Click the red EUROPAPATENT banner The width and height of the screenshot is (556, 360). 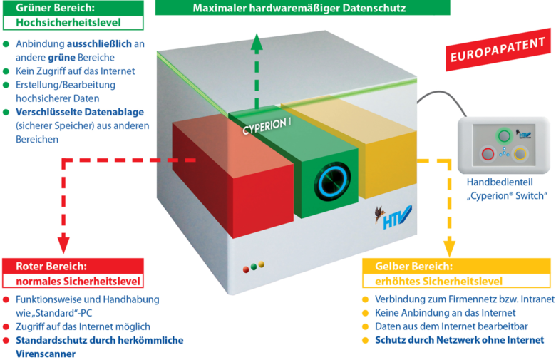pyautogui.click(x=498, y=50)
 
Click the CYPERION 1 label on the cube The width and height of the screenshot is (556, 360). pyautogui.click(x=267, y=126)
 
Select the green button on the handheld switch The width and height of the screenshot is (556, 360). pyautogui.click(x=504, y=135)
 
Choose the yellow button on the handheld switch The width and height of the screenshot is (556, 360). pyautogui.click(x=520, y=154)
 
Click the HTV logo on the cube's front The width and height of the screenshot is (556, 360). pyautogui.click(x=393, y=217)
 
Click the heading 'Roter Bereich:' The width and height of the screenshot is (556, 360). pyautogui.click(x=51, y=266)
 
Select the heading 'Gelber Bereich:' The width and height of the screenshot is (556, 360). pyautogui.click(x=414, y=266)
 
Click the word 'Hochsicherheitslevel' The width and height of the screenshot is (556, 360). pyautogui.click(x=68, y=23)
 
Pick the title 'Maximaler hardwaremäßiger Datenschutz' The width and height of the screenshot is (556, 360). pyautogui.click(x=299, y=8)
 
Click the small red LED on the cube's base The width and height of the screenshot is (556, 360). pyautogui.click(x=246, y=269)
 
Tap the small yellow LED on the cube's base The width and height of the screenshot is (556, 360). pyautogui.click(x=262, y=264)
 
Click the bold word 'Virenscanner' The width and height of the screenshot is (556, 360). pyautogui.click(x=46, y=354)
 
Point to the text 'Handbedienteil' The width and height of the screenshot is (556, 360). pyautogui.click(x=500, y=182)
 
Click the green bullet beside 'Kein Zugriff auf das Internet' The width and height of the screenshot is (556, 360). pyautogui.click(x=6, y=71)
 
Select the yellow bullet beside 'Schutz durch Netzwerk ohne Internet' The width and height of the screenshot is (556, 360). pyautogui.click(x=366, y=341)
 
